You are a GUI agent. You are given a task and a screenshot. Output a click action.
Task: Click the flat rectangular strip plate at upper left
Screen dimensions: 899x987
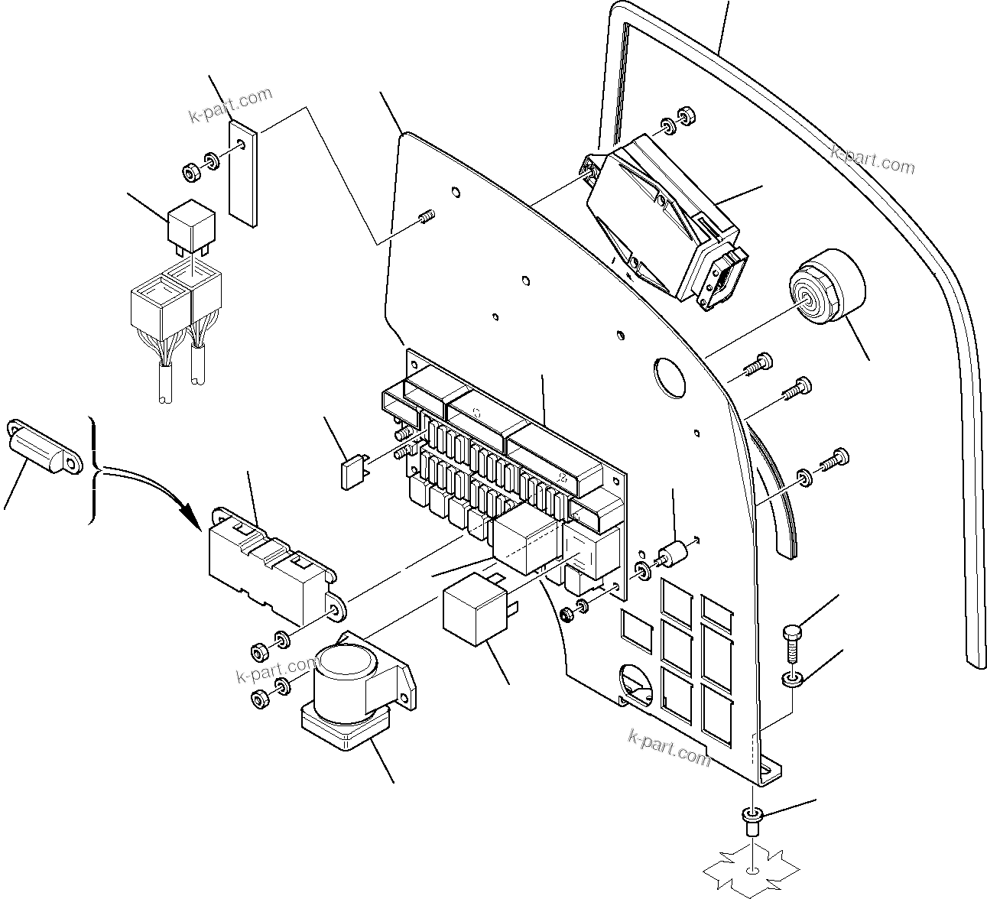(244, 175)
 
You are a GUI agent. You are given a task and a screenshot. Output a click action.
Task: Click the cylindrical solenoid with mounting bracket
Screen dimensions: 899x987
(352, 692)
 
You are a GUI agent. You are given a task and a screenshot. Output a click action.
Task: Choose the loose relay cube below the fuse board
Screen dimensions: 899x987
(480, 608)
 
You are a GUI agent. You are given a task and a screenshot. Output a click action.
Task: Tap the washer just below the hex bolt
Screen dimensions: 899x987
(791, 679)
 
